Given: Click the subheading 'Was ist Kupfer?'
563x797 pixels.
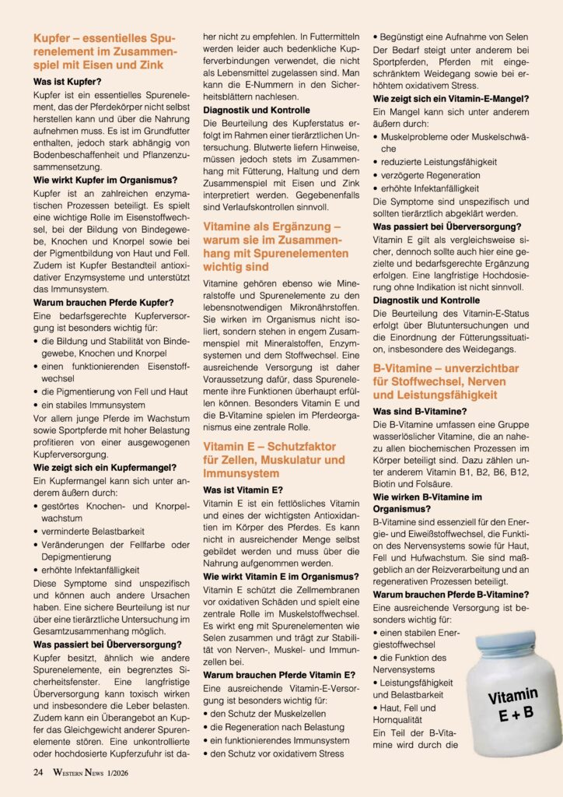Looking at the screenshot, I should tap(66, 80).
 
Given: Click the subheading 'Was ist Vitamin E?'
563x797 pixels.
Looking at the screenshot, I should tap(243, 491).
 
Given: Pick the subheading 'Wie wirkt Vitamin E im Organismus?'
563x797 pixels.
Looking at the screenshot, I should tap(281, 576).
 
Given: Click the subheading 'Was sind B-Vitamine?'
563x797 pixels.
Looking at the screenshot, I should tap(421, 410).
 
